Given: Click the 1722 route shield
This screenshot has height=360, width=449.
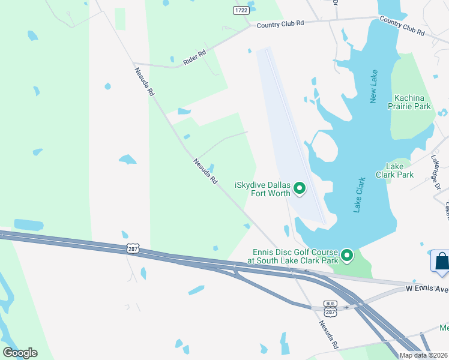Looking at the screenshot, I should [241, 10].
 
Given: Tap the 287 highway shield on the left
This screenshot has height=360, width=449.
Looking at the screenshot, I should [133, 248].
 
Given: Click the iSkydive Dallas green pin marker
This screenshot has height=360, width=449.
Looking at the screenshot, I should [300, 190].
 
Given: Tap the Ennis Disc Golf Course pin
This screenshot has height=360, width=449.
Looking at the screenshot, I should [347, 256].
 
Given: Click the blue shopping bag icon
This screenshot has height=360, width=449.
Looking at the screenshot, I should [441, 262].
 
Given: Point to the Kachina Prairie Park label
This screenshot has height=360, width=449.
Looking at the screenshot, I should [413, 102].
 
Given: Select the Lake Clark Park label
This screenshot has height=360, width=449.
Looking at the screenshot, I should [394, 170].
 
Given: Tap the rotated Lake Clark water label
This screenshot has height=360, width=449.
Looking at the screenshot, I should [360, 195].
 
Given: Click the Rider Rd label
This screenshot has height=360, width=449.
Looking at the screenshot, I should [194, 57].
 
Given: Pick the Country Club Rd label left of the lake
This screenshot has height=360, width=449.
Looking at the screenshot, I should [280, 24].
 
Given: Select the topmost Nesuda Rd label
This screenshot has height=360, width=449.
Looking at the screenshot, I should [145, 82].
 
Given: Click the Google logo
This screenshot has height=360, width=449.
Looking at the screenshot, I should [20, 353].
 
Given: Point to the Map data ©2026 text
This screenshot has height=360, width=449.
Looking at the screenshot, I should [424, 355].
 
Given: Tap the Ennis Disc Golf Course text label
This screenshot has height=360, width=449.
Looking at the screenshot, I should [292, 256].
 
